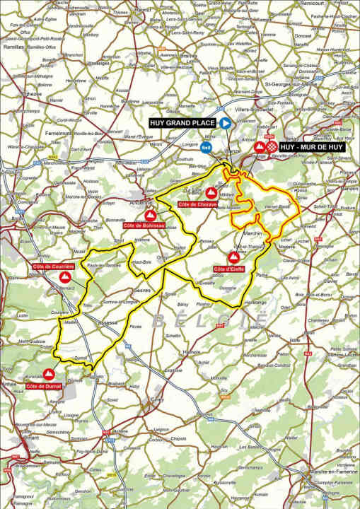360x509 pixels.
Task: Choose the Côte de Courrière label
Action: click(x=53, y=267)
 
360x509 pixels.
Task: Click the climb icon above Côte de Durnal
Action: click(x=49, y=374)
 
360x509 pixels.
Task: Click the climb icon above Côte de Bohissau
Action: click(x=149, y=214)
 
